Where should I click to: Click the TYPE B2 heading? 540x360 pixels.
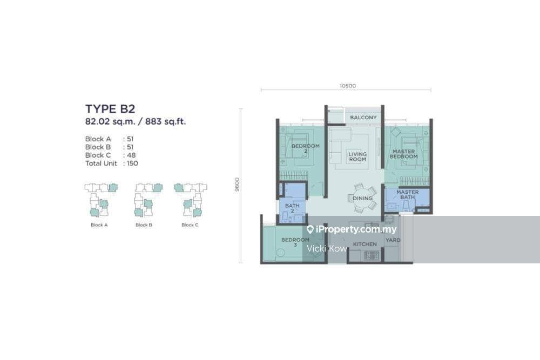(x=110, y=109)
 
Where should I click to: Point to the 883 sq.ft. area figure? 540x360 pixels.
(x=165, y=121)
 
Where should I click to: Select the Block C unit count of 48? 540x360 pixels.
(x=131, y=155)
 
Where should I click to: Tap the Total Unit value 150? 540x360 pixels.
(x=132, y=164)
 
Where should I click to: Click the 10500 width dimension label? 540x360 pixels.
(x=347, y=86)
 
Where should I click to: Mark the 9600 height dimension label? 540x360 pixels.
(x=237, y=185)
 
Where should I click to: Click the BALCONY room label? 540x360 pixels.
(x=363, y=117)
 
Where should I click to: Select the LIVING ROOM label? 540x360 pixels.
(x=357, y=157)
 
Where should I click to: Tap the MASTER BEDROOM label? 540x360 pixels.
(x=403, y=154)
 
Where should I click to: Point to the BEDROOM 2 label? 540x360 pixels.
(x=306, y=148)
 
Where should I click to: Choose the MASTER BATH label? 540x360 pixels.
(x=407, y=194)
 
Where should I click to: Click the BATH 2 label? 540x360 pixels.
(x=292, y=208)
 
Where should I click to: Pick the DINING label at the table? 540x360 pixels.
(x=362, y=198)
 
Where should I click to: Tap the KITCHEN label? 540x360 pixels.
(x=364, y=244)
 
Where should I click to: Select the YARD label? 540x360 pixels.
(x=393, y=240)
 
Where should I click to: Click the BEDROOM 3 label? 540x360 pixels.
(x=295, y=242)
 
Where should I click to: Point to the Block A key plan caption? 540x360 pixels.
(x=99, y=225)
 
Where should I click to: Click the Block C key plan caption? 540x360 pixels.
(x=190, y=225)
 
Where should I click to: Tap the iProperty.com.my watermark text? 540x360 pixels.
(x=356, y=229)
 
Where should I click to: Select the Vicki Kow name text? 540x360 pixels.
(x=327, y=248)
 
